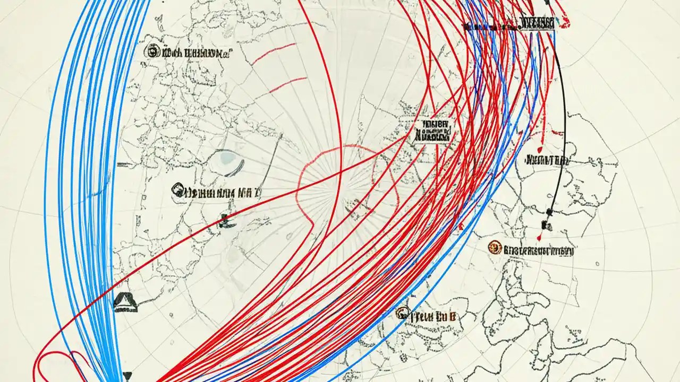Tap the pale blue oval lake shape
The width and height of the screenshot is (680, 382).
point(229,157)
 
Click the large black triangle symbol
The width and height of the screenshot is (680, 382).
point(126,301)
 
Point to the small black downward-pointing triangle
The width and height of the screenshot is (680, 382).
point(127,376)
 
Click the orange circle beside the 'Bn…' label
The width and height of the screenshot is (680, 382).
point(495,247)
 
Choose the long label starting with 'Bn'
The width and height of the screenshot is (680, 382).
point(538,250)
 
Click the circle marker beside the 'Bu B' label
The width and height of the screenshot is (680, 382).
point(402,313)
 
